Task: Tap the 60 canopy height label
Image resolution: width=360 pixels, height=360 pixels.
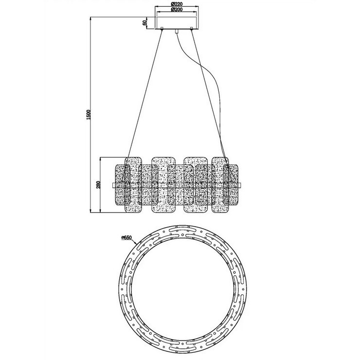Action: pos(144,23)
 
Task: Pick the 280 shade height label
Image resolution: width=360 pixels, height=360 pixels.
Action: pos(97,185)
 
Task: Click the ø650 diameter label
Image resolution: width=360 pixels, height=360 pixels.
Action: pos(127,238)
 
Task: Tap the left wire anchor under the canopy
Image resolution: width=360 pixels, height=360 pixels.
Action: pos(162,31)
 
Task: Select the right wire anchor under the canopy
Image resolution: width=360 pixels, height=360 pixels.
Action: pos(192,31)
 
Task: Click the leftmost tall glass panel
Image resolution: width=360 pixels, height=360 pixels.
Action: pos(133,185)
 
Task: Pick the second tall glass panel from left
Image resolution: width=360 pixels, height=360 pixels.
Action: pos(162,185)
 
